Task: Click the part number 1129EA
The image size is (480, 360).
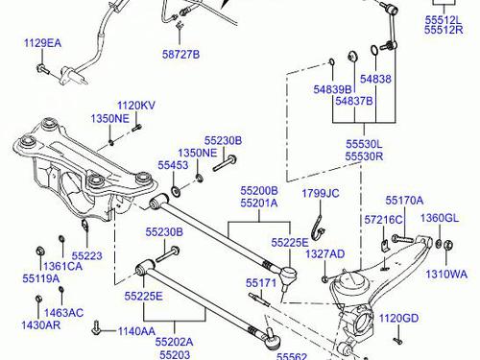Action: [x=42, y=43]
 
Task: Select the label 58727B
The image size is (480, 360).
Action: [x=180, y=54]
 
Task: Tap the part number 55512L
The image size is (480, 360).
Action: [x=444, y=20]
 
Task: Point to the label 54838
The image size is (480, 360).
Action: [x=375, y=79]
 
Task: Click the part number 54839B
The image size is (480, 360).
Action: [x=332, y=89]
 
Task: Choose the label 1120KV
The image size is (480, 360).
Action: [x=136, y=106]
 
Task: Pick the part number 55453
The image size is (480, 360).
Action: [x=173, y=165]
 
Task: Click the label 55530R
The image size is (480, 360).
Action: [x=364, y=156]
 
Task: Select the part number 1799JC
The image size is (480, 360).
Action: [x=321, y=193]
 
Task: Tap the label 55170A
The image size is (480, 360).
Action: [x=404, y=201]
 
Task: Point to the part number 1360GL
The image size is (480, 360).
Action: [x=440, y=218]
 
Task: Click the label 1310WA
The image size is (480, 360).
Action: [x=446, y=275]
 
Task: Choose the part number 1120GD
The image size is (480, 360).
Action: [x=398, y=318]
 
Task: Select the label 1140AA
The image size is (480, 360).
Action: [x=137, y=331]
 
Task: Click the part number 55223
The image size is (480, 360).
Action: [x=87, y=255]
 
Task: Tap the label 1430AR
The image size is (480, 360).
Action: [x=40, y=325]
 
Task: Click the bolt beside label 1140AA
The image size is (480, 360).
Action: [x=96, y=327]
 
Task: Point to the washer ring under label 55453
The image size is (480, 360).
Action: [x=176, y=191]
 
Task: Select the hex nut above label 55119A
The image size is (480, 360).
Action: [x=40, y=252]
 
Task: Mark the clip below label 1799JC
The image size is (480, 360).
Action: [x=317, y=228]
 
